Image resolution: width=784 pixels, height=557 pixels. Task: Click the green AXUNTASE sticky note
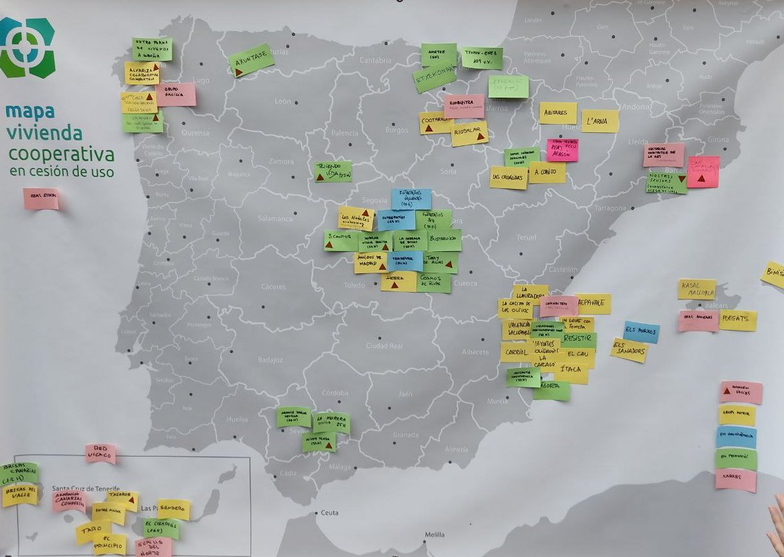tap(252, 61)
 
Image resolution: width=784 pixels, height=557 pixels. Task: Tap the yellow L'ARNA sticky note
tap(599, 121)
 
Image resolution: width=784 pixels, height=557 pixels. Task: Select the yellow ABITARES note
tap(557, 113)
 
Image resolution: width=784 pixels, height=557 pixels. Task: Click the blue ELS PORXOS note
tap(641, 331)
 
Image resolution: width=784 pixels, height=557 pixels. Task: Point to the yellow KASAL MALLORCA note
tap(696, 289)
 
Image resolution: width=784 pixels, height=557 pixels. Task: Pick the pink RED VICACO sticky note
tap(100, 454)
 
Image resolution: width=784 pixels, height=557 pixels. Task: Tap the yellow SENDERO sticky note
tap(173, 509)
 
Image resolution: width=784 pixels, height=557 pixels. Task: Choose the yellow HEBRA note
tap(399, 281)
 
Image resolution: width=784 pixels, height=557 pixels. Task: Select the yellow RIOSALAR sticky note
tap(469, 134)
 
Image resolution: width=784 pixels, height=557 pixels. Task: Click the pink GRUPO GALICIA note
tap(176, 95)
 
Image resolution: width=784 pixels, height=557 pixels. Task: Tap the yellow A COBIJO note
tap(547, 172)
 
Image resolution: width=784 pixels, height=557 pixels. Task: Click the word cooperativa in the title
tap(61, 153)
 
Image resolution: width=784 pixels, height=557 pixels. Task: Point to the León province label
tap(283, 102)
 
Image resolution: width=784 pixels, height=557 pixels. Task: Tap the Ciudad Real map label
tap(383, 345)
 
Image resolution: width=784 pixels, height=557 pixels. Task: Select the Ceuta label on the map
tap(329, 513)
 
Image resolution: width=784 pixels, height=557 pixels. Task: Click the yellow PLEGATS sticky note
tap(738, 320)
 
